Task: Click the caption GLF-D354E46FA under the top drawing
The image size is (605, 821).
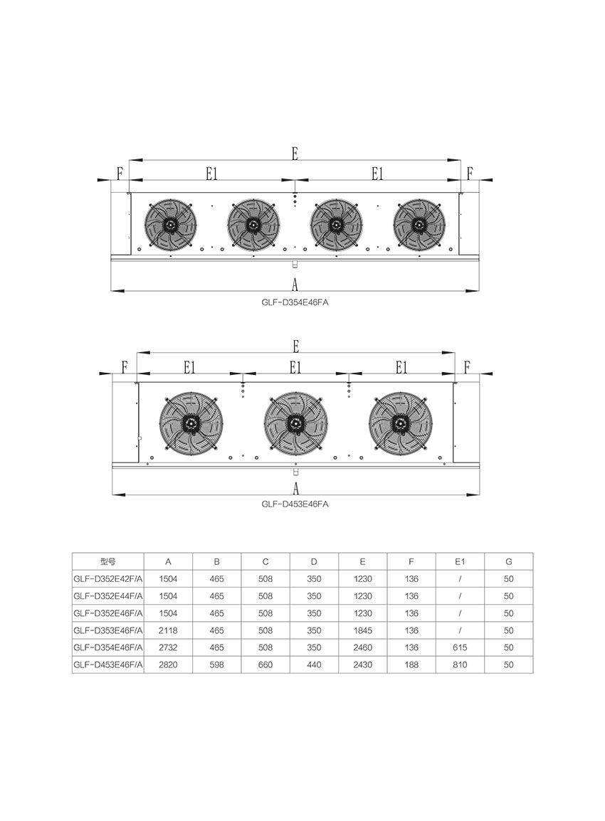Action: coord(295,302)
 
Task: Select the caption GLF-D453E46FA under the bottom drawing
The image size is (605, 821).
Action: coord(295,504)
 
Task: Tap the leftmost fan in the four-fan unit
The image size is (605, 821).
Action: coord(171,225)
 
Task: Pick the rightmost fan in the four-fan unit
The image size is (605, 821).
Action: coord(419,225)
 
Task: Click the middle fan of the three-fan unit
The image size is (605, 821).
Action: coord(296,422)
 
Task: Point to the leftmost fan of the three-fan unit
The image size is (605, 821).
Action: coord(191,422)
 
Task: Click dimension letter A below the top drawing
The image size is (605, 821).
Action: coord(295,285)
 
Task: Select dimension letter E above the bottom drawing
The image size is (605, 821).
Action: coord(296,346)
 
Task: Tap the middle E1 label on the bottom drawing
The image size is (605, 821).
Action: coord(295,368)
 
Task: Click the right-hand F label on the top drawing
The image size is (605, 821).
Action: coord(470,174)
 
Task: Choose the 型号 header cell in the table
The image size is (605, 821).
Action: coord(108,561)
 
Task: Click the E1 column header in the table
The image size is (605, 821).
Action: coord(460,561)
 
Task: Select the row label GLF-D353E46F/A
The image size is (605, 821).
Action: coord(108,630)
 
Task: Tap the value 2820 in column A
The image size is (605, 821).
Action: coord(168,664)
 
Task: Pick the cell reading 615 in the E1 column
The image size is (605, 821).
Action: coord(460,647)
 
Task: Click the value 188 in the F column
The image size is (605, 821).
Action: coord(411,664)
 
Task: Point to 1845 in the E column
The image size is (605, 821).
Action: coord(362,630)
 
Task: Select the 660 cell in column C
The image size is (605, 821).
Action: coord(265,664)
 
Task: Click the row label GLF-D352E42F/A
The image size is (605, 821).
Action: coord(108,579)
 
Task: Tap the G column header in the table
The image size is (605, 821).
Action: coord(509,561)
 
